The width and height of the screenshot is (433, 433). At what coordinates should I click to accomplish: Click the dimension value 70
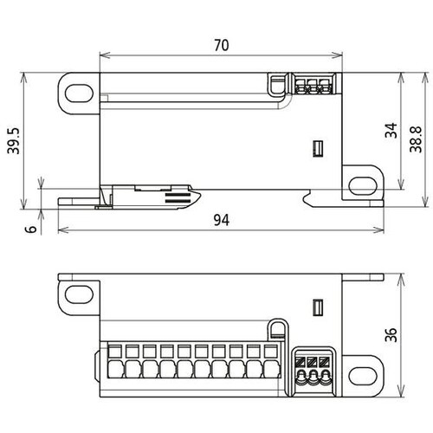(x=222, y=45)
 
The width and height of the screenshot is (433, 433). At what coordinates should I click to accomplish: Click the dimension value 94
(x=222, y=220)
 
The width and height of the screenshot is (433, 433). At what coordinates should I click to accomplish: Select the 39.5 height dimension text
(x=14, y=141)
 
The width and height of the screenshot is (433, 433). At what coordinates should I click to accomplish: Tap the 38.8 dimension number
(x=416, y=139)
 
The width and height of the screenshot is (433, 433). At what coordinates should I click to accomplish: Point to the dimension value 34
(x=391, y=131)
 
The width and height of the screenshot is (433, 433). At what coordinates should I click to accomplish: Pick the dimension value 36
(x=391, y=334)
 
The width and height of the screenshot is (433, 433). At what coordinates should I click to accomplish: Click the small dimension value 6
(x=31, y=229)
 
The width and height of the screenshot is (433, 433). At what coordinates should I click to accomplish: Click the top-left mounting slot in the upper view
(x=79, y=93)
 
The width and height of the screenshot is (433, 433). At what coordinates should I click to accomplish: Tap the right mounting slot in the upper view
(x=363, y=186)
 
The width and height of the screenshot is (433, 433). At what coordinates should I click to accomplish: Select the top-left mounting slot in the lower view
(x=79, y=294)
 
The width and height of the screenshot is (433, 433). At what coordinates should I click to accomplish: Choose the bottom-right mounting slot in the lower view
(x=363, y=376)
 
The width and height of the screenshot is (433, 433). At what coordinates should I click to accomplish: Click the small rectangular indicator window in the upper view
(x=318, y=149)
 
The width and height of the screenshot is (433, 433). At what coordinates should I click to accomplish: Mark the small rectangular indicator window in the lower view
(x=318, y=307)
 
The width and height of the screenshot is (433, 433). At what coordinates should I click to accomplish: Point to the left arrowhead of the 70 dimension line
(x=105, y=55)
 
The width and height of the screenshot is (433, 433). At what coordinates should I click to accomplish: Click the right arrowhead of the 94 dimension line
(x=378, y=230)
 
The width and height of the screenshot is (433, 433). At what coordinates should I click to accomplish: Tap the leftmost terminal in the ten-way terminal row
(x=115, y=361)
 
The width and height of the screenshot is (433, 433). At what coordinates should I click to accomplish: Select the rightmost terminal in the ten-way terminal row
(x=271, y=361)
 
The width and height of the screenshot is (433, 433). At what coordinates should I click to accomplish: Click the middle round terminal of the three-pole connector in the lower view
(x=313, y=377)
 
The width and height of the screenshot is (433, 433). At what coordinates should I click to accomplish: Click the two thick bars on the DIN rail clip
(x=178, y=197)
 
